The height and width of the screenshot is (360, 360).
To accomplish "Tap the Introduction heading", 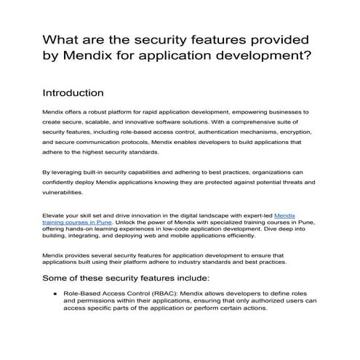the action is [77, 93].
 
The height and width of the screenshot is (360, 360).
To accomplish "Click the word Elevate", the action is [55, 215].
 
